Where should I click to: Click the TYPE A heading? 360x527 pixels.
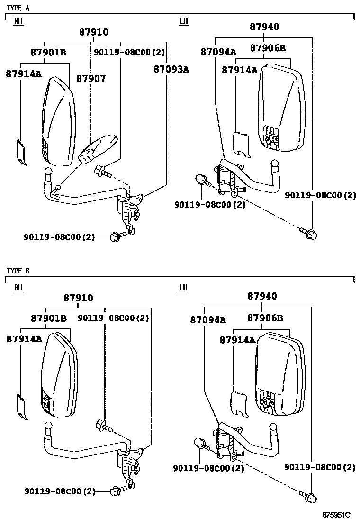click(18, 8)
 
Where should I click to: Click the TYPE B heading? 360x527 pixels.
click(18, 271)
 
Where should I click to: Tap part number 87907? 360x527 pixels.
click(91, 78)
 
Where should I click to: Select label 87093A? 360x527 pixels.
click(171, 69)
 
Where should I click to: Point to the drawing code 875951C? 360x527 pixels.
click(336, 515)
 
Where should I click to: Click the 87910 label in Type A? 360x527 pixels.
click(94, 32)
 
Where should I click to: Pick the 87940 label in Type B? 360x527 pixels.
click(262, 296)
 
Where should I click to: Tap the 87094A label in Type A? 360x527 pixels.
click(219, 52)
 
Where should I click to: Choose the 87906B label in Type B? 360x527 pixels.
click(265, 318)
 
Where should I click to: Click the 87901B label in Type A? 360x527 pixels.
click(48, 53)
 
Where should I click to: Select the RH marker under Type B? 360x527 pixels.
click(18, 287)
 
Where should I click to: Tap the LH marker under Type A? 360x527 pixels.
click(183, 21)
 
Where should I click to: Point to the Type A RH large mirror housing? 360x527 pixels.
click(59, 121)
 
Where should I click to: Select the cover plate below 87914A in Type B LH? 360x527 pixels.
click(240, 404)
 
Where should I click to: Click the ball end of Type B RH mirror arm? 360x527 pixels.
click(48, 426)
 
